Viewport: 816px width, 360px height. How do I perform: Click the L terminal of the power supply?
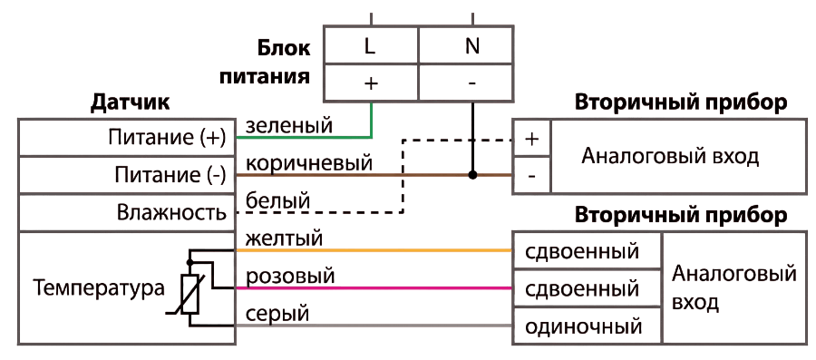click(x=371, y=45)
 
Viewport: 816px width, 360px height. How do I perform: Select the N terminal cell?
click(x=465, y=45)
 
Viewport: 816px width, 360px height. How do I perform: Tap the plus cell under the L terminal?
click(x=371, y=83)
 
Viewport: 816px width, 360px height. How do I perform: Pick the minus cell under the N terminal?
click(x=465, y=83)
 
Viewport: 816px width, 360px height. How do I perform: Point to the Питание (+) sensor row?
click(x=127, y=137)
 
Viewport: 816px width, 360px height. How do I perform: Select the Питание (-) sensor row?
click(x=127, y=175)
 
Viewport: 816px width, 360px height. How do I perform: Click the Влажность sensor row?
click(x=127, y=213)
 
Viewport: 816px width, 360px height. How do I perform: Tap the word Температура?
click(x=99, y=287)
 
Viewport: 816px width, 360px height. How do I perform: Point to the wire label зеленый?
click(x=288, y=125)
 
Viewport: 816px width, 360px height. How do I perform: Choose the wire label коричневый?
click(x=309, y=163)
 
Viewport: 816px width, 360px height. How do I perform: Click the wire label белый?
click(x=277, y=199)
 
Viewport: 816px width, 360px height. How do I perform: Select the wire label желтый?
click(x=284, y=238)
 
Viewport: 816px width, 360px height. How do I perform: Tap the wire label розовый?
click(x=289, y=277)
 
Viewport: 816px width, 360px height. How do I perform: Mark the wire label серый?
click(x=277, y=314)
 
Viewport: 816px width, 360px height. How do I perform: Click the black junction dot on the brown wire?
click(x=472, y=175)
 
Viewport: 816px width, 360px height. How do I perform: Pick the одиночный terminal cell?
click(x=587, y=326)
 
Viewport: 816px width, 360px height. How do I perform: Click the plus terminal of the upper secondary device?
click(x=531, y=139)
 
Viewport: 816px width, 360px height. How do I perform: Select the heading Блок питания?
click(x=266, y=62)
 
